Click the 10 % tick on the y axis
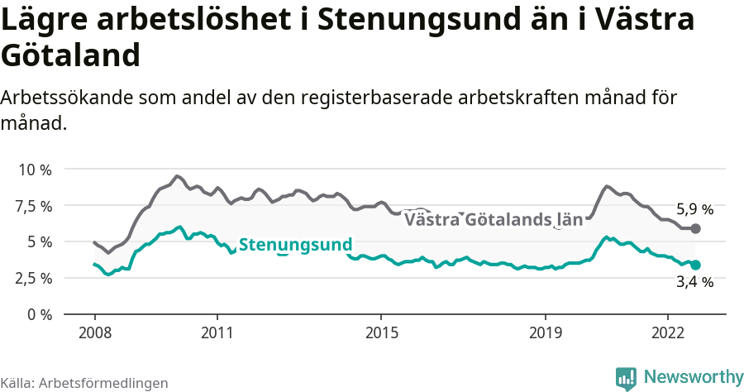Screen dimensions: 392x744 35,170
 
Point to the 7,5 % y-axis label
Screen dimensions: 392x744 35,206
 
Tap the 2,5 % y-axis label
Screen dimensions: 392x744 35,278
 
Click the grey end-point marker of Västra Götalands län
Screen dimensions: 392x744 696,228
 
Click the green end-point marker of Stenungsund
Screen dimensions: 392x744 696,265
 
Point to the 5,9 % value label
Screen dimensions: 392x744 694,209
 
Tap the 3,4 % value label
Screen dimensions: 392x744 694,283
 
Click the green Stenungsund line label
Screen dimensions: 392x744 295,245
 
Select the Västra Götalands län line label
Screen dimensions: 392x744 494,220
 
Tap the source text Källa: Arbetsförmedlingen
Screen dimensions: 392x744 84,383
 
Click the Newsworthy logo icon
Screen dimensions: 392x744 626,378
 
